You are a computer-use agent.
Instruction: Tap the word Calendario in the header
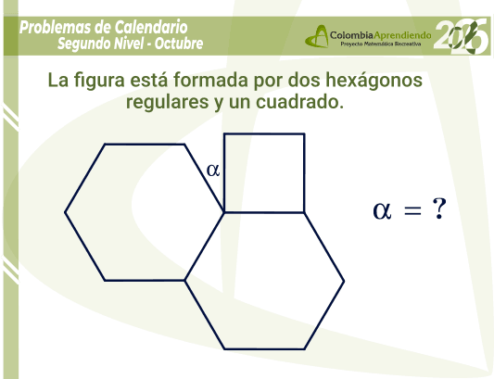151,27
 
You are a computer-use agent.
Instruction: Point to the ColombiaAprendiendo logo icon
317,36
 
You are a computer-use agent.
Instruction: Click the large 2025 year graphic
462,36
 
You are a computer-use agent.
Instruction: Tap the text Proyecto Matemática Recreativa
381,44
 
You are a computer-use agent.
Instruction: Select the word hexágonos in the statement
374,80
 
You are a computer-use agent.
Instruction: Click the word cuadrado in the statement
299,101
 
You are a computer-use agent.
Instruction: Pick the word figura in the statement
99,81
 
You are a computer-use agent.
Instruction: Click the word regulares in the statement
167,102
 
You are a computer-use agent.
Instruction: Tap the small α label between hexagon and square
213,171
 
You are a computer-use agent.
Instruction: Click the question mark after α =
439,208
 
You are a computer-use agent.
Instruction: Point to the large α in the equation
382,210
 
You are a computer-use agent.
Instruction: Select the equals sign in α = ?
412,210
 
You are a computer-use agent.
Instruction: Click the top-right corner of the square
304,134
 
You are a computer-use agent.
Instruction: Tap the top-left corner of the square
224,134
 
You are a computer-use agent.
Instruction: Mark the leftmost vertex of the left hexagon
65,212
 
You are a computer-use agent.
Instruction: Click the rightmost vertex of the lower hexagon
344,281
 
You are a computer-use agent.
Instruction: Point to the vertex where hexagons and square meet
224,212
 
